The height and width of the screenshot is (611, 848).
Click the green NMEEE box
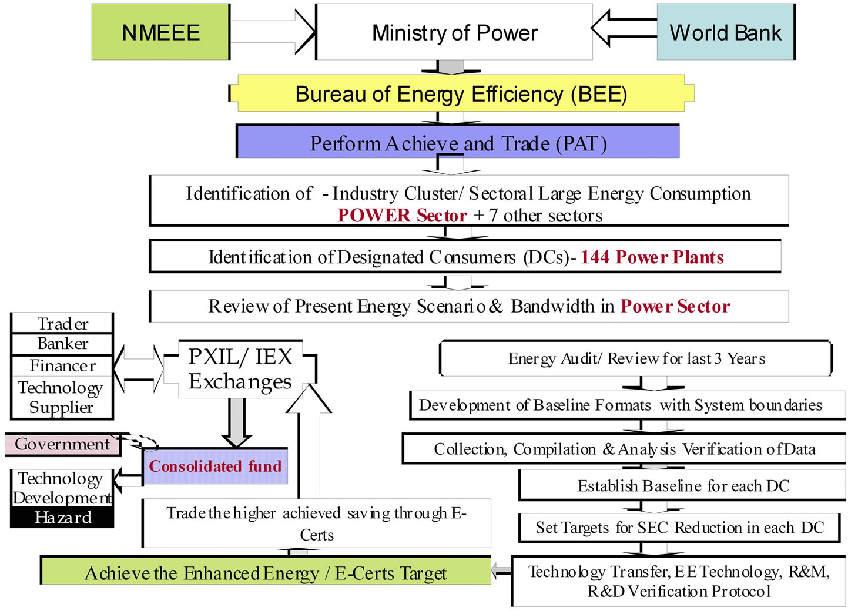click(x=160, y=32)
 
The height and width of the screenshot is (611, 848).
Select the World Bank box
click(x=725, y=32)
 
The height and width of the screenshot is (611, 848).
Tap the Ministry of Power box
click(x=454, y=32)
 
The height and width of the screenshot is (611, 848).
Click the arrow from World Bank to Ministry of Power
click(x=623, y=28)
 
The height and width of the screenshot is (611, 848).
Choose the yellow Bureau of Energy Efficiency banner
click(x=461, y=94)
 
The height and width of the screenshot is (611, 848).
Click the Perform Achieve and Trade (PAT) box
click(x=458, y=143)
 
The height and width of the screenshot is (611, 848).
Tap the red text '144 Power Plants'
click(x=652, y=257)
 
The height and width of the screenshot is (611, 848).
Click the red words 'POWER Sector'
click(x=403, y=216)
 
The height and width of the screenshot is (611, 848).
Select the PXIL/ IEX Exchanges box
click(x=240, y=369)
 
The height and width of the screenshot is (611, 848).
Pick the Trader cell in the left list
click(x=62, y=324)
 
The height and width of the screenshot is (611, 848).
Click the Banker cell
click(x=62, y=344)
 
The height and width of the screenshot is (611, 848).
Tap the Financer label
click(x=62, y=365)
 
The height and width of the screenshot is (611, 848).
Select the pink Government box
click(x=62, y=444)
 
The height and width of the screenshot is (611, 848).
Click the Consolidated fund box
click(x=215, y=466)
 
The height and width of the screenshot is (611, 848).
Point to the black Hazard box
click(x=62, y=518)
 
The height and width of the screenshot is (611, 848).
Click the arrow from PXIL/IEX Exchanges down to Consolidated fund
click(x=236, y=422)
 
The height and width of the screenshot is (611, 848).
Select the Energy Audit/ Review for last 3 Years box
click(x=636, y=358)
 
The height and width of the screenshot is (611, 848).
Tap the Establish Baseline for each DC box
click(x=683, y=486)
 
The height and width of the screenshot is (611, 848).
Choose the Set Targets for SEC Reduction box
click(x=679, y=528)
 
